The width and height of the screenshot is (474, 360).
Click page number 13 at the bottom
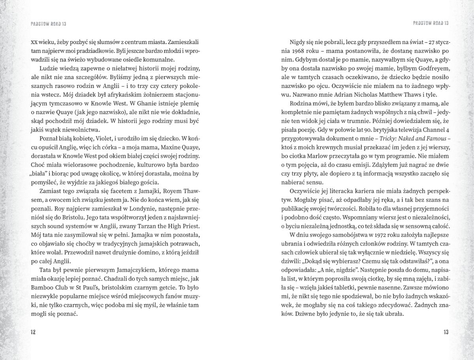point(446,332)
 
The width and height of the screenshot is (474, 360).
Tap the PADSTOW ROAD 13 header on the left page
point(48,24)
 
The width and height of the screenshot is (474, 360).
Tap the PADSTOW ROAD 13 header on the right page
point(430,24)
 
